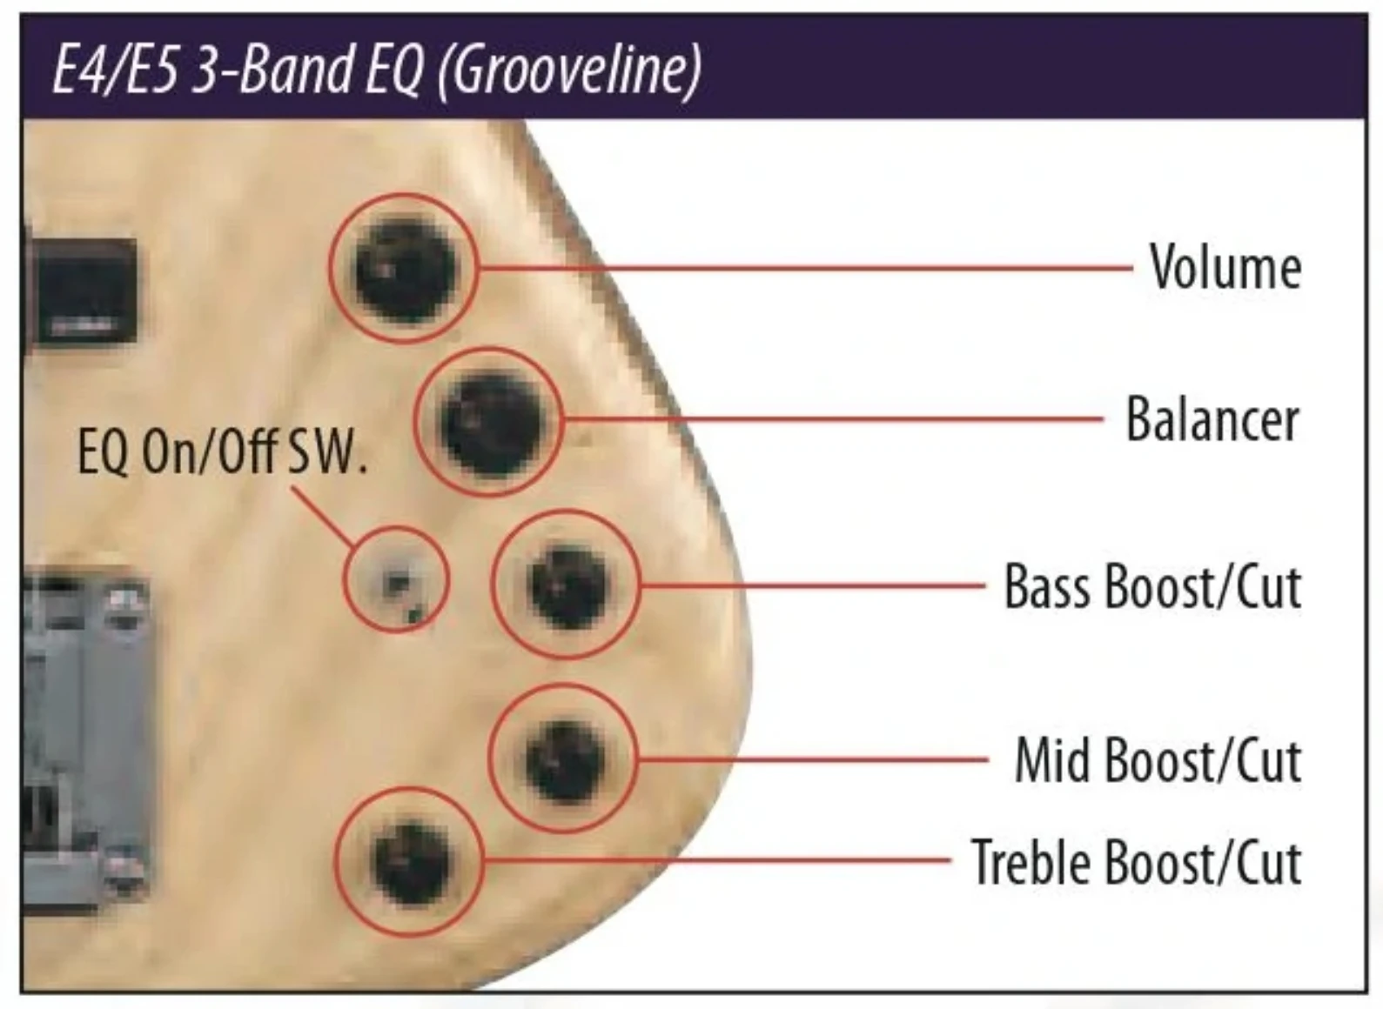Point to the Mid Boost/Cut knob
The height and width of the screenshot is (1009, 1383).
[564, 759]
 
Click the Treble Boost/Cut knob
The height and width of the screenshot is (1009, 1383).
[411, 863]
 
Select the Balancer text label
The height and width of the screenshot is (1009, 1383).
[1212, 419]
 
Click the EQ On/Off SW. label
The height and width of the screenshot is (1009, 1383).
[222, 453]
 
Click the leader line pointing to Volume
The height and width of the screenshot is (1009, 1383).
[806, 269]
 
